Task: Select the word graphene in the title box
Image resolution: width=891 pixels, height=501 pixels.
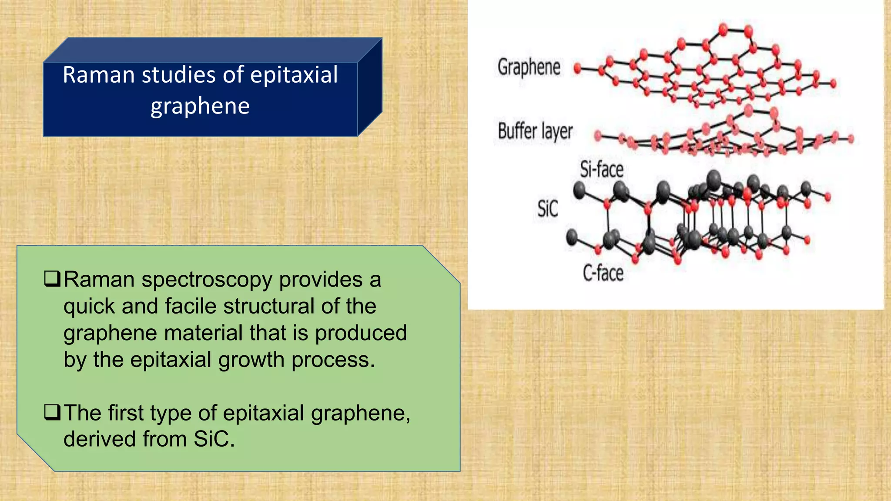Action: pyautogui.click(x=200, y=106)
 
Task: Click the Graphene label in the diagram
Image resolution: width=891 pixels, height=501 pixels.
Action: pyautogui.click(x=529, y=67)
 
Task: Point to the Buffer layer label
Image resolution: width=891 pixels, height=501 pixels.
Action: pyautogui.click(x=535, y=131)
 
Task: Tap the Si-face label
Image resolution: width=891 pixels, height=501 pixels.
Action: pyautogui.click(x=602, y=169)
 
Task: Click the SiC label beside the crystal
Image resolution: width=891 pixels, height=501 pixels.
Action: pyautogui.click(x=547, y=209)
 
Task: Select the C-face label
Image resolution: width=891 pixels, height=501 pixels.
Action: pyautogui.click(x=603, y=274)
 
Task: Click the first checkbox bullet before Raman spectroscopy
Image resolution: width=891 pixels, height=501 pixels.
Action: pyautogui.click(x=52, y=279)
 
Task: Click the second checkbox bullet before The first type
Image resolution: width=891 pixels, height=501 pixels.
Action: pyautogui.click(x=52, y=412)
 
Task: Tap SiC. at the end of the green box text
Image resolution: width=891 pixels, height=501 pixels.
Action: pyautogui.click(x=214, y=439)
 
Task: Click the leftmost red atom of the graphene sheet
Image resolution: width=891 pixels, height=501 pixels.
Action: pyautogui.click(x=578, y=68)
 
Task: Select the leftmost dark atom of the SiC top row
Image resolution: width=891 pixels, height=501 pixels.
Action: pyautogui.click(x=579, y=190)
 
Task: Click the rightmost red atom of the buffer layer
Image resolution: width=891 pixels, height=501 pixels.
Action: pyautogui.click(x=851, y=139)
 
